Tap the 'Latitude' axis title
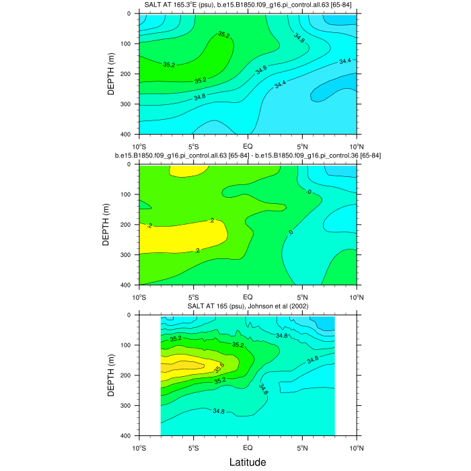click(x=248, y=462)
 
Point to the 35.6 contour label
click(x=219, y=367)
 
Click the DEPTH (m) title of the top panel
click(x=112, y=73)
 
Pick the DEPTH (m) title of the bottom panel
click(x=112, y=375)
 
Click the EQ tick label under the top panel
click(x=248, y=145)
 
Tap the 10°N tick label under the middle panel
click(x=356, y=296)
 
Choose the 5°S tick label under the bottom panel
click(x=193, y=447)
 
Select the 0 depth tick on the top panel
click(x=131, y=13)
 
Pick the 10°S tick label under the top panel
click(x=139, y=145)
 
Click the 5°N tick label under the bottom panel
click(x=302, y=447)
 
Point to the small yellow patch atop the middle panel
click(x=185, y=171)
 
